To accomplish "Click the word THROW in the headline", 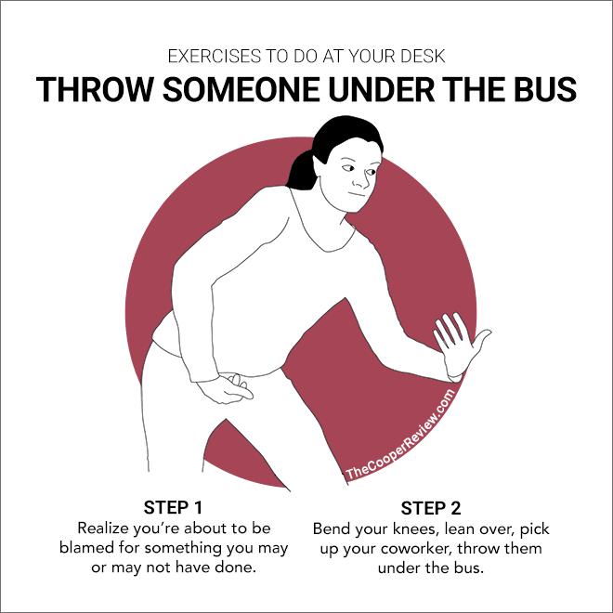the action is [94, 89].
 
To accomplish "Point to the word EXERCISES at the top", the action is [215, 57].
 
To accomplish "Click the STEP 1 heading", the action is [173, 507].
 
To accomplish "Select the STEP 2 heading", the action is [431, 508].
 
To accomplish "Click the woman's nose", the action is [361, 180].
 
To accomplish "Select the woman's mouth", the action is [357, 195].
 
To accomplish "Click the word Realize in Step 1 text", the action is [103, 528].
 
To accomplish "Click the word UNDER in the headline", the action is [382, 89].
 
